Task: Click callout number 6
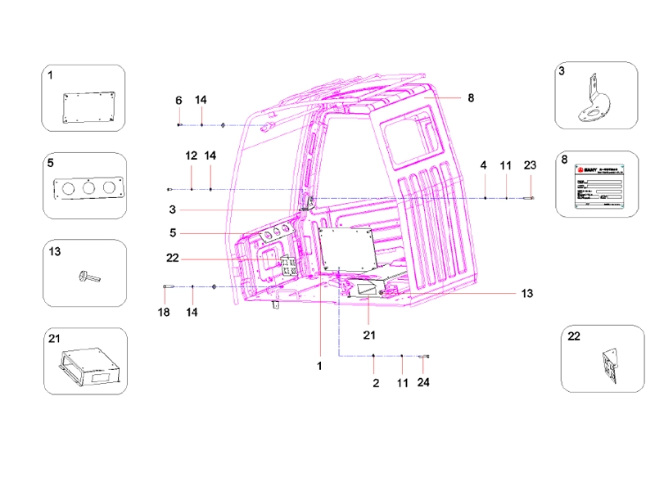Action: click(178, 100)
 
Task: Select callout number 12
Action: click(192, 155)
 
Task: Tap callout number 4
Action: click(484, 165)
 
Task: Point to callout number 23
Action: click(530, 165)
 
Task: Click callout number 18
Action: click(164, 312)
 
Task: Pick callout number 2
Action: click(375, 383)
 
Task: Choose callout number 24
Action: click(423, 383)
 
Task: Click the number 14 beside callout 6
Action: click(201, 100)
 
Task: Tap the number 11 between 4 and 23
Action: click(506, 165)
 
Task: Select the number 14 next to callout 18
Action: click(192, 312)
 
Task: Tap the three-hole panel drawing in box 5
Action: click(87, 188)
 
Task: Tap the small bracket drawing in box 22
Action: click(609, 365)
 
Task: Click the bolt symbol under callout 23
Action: click(530, 198)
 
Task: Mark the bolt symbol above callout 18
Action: click(166, 286)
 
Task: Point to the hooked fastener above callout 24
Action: click(425, 357)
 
